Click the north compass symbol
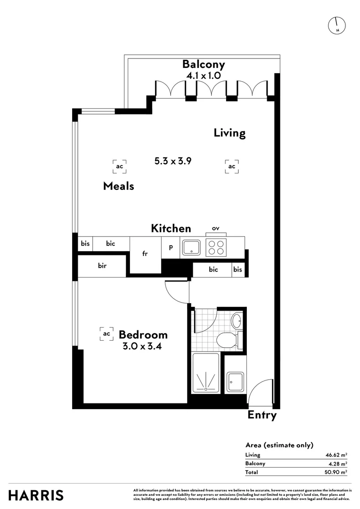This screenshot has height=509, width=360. [x=337, y=25]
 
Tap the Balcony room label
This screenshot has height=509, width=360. [x=204, y=65]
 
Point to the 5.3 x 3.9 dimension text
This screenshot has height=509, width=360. [x=172, y=161]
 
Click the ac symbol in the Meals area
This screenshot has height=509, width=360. [x=120, y=166]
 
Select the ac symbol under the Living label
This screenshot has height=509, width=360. [x=231, y=166]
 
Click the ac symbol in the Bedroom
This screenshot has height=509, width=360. [x=106, y=334]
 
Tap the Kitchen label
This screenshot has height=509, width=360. [x=171, y=229]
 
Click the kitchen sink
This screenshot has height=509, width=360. [x=192, y=247]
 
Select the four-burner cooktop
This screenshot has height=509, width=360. [x=216, y=247]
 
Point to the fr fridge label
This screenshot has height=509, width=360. [x=145, y=254]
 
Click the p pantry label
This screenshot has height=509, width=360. [x=171, y=246]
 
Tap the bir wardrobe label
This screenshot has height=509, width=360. [x=102, y=266]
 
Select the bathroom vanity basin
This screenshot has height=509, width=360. [x=237, y=322]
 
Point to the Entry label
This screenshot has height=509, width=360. [x=262, y=415]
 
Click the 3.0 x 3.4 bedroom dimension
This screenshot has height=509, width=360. [x=143, y=346]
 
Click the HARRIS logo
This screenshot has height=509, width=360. [x=36, y=495]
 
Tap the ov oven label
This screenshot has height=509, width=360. [x=215, y=228]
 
